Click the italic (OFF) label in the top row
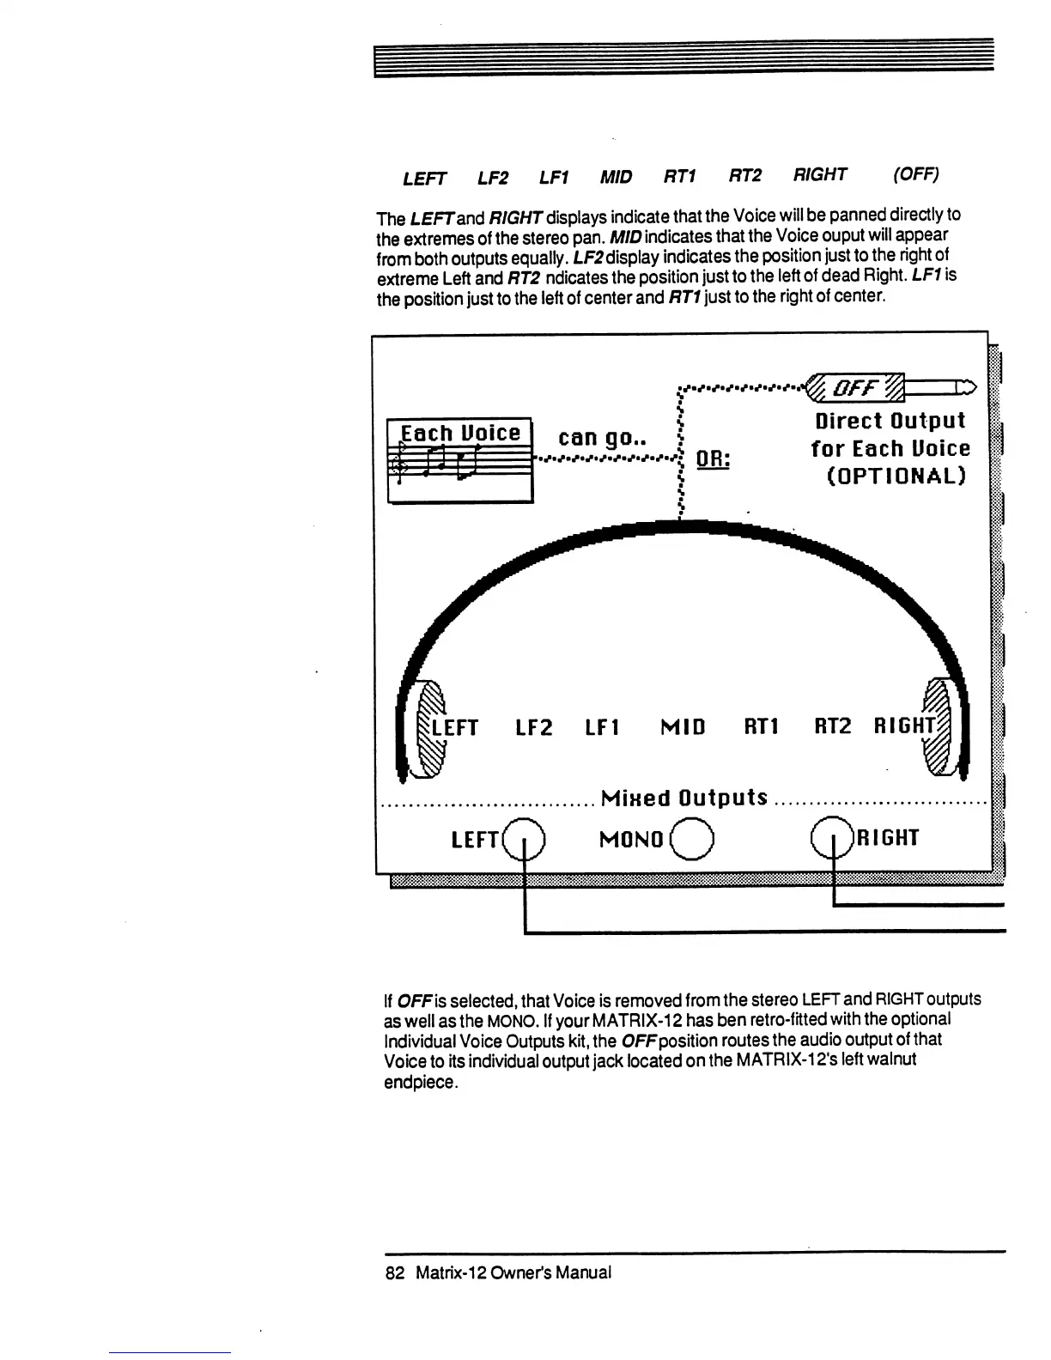click(x=915, y=174)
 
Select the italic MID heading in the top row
click(x=616, y=177)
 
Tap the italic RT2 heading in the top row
click(x=745, y=175)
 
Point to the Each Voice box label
click(x=460, y=433)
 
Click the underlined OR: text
click(x=713, y=459)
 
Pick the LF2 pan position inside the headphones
click(x=533, y=728)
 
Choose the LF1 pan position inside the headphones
click(x=602, y=728)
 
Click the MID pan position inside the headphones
click(x=683, y=728)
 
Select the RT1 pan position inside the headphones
click(x=761, y=727)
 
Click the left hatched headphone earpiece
click(x=428, y=726)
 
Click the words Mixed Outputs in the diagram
click(x=684, y=798)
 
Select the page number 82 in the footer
click(x=395, y=1272)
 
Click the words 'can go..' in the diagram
click(x=598, y=438)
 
